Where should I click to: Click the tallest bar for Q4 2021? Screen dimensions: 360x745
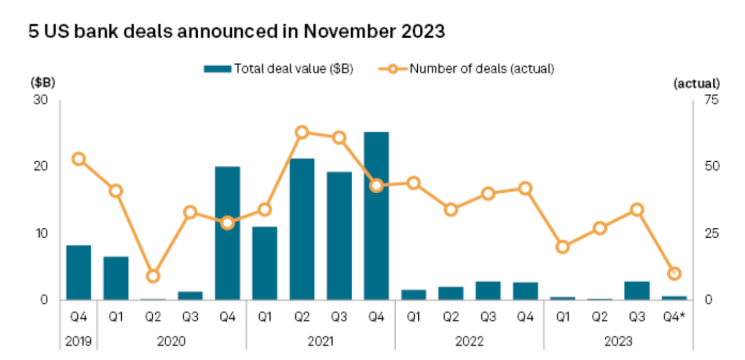[376, 216]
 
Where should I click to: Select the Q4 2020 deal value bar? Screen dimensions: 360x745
[227, 233]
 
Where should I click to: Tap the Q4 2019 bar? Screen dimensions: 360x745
[79, 272]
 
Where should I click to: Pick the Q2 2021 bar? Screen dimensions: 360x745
[302, 229]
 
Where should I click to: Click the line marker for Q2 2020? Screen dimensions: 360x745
[153, 276]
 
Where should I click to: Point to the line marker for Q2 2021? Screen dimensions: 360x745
[302, 132]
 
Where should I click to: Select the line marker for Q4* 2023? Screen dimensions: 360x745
[674, 273]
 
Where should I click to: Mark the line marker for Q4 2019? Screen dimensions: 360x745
[79, 159]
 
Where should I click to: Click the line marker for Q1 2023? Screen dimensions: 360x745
[563, 247]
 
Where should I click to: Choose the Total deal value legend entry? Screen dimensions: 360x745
[279, 69]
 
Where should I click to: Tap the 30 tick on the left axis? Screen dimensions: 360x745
[41, 100]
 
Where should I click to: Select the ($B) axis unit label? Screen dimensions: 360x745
[42, 83]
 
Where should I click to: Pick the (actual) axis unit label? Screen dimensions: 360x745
[696, 83]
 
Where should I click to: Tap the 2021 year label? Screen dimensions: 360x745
[320, 341]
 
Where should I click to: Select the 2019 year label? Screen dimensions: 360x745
[79, 341]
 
